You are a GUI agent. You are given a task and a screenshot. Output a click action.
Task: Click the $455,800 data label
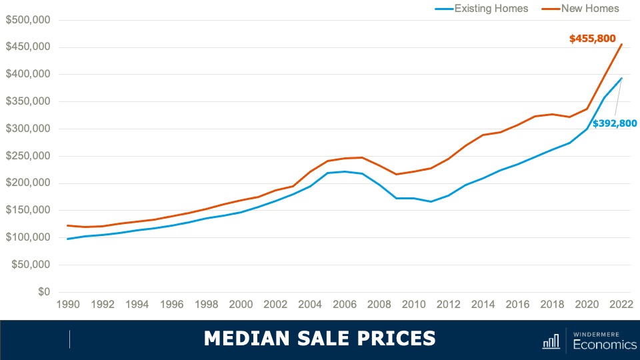click(592, 39)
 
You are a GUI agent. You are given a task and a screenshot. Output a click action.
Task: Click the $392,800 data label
click(615, 123)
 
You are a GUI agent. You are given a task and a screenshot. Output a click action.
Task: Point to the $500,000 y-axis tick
click(28, 20)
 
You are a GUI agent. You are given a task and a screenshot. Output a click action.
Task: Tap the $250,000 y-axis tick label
click(28, 156)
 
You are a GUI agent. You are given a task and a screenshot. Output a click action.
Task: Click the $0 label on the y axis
click(44, 292)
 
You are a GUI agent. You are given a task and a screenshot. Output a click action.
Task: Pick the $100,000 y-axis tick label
click(28, 237)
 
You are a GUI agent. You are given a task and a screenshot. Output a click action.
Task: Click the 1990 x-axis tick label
click(67, 305)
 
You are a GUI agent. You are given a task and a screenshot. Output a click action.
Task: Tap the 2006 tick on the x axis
click(345, 305)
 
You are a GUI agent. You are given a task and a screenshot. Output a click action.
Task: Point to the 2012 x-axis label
click(449, 305)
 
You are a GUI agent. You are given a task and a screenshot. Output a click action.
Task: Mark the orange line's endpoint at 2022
click(622, 45)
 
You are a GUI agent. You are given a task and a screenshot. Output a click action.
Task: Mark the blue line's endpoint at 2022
click(622, 78)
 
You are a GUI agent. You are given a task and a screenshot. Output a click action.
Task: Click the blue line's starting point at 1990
click(67, 239)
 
